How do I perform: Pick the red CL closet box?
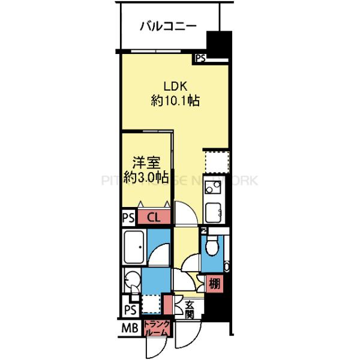pyautogui.click(x=152, y=217)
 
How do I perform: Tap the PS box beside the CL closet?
pyautogui.click(x=128, y=217)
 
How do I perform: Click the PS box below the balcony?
pyautogui.click(x=200, y=58)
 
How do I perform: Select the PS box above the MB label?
pyautogui.click(x=130, y=309)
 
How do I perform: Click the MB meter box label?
pyautogui.click(x=130, y=328)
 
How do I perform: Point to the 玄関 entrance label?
pyautogui.click(x=189, y=309)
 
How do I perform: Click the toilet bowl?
pyautogui.click(x=211, y=247)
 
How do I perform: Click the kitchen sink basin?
pyautogui.click(x=214, y=212)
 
